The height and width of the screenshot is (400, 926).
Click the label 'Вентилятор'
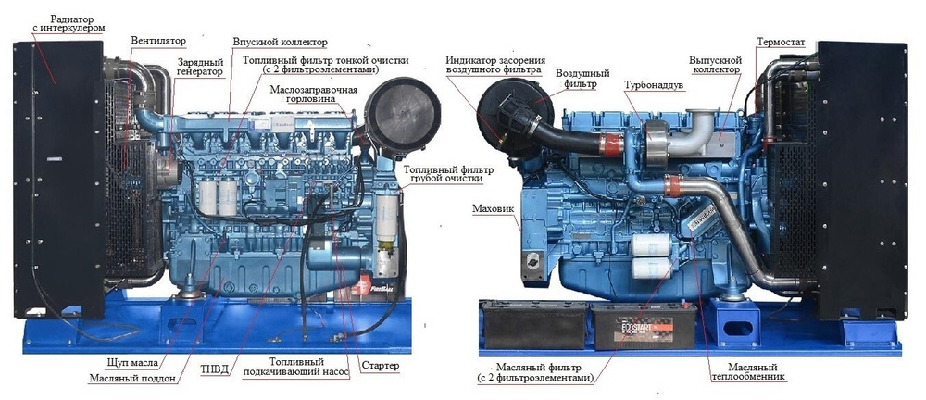point(157,42)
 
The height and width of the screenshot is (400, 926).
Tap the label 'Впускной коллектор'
point(280,43)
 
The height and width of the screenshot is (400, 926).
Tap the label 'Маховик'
point(491,209)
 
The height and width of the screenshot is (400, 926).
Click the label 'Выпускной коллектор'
point(715,64)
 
